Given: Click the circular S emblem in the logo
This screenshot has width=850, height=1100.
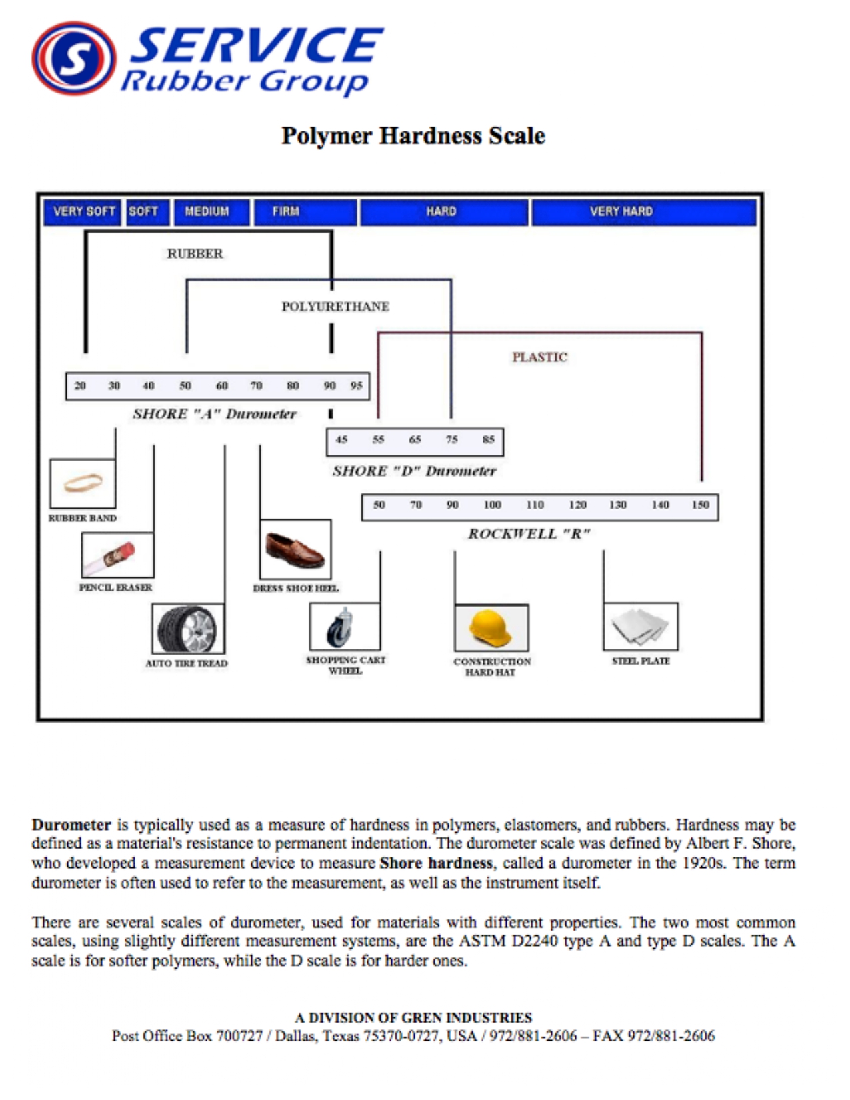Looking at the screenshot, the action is [74, 58].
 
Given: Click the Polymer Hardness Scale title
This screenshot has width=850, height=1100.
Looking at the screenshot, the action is [413, 135].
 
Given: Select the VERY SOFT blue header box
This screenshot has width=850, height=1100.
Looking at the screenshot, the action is [83, 212].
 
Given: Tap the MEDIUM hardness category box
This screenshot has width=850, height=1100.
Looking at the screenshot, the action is [211, 212].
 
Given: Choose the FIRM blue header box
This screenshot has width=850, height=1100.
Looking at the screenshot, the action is [305, 212].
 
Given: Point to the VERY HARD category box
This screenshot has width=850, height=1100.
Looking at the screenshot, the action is [644, 212].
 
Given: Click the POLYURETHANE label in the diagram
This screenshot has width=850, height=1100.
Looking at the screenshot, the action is [335, 306].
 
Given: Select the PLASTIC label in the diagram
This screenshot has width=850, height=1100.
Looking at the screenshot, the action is [539, 357].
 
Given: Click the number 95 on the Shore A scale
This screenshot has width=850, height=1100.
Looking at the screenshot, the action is [357, 386].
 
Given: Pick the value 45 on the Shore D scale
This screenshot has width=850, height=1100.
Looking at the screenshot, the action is [342, 439].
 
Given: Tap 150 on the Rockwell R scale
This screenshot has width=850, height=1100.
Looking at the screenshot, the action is [701, 505].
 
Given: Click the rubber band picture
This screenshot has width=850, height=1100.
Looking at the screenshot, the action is [83, 483].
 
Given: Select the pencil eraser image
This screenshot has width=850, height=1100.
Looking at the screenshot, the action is [117, 555].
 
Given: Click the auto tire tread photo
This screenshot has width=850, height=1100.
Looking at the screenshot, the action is [188, 629].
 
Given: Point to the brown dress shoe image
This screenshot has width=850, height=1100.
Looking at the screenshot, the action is [295, 549].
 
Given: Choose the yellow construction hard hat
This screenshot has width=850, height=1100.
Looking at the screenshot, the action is [491, 628].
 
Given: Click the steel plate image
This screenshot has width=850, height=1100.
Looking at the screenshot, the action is [641, 627].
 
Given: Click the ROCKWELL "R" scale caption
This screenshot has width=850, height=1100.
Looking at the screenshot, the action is [529, 534].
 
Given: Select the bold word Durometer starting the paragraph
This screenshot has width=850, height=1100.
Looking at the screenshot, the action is [71, 825].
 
